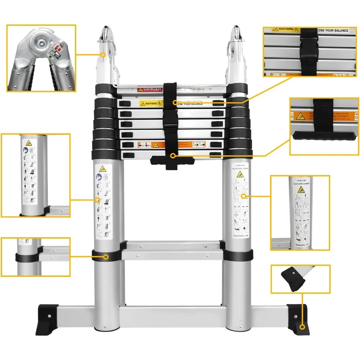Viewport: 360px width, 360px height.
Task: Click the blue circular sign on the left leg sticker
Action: click(x=99, y=177)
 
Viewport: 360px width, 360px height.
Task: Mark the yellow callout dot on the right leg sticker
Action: click(x=243, y=196)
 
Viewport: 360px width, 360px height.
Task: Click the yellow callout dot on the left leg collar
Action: click(x=106, y=257)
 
